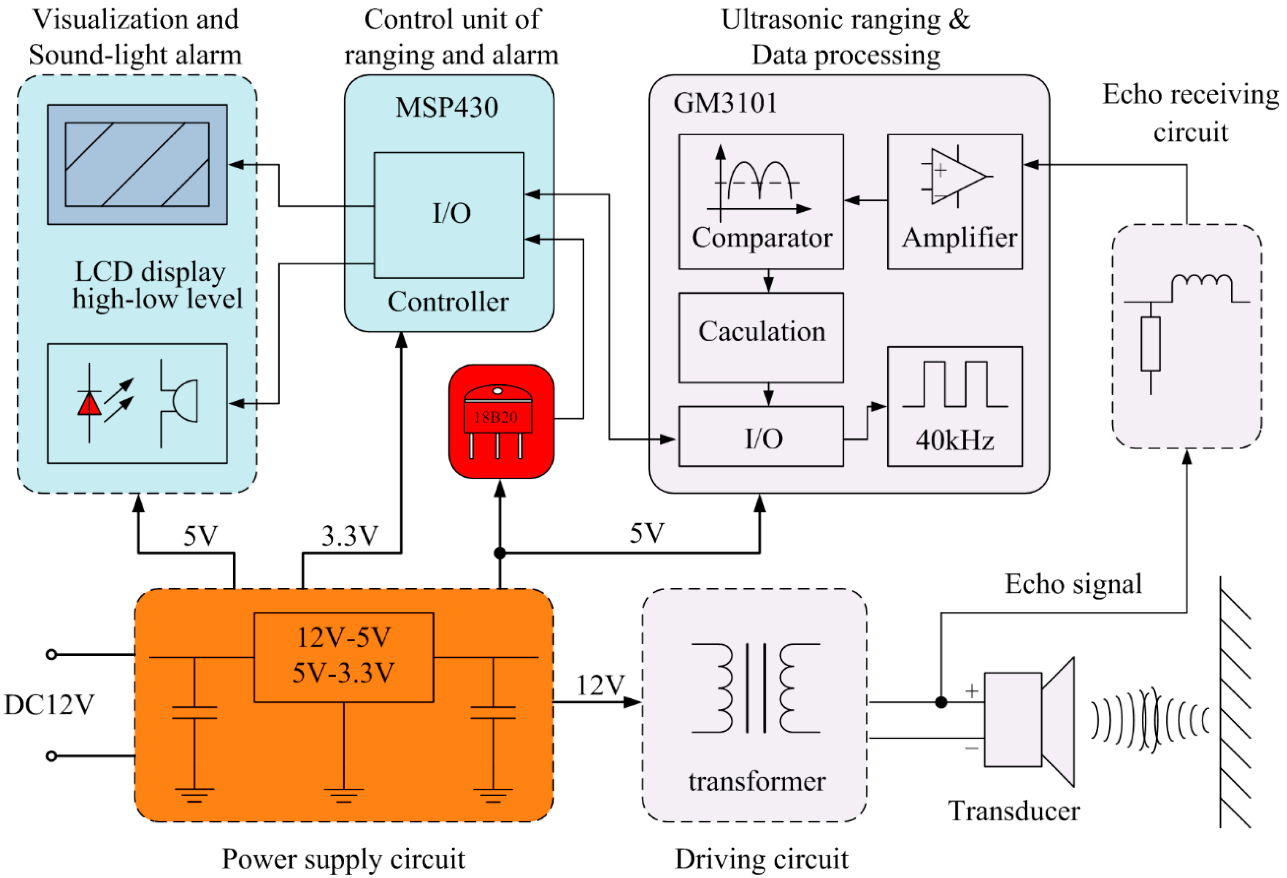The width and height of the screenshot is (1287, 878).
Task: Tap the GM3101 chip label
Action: pos(725,103)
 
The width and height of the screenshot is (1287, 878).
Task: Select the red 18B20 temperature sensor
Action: pos(501,421)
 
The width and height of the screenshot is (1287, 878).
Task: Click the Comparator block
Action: pos(761,202)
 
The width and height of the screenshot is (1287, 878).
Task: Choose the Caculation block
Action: pos(761,337)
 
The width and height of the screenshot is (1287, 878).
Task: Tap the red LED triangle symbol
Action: pos(89,403)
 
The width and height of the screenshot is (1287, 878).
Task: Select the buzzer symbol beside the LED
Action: pos(178,403)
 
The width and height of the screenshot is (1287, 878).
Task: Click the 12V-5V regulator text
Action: pos(344,638)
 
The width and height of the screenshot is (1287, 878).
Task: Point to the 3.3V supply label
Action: pos(350,536)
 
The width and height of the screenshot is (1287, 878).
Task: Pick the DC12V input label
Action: pos(49,705)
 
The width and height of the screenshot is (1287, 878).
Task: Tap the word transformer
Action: pos(757,782)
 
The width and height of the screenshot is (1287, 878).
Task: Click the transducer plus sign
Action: pos(972,691)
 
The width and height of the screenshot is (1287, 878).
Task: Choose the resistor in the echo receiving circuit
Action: pos(1150,344)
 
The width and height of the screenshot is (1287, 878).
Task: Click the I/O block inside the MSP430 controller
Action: pos(449,215)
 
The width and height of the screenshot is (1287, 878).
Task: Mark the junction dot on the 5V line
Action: pos(500,553)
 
